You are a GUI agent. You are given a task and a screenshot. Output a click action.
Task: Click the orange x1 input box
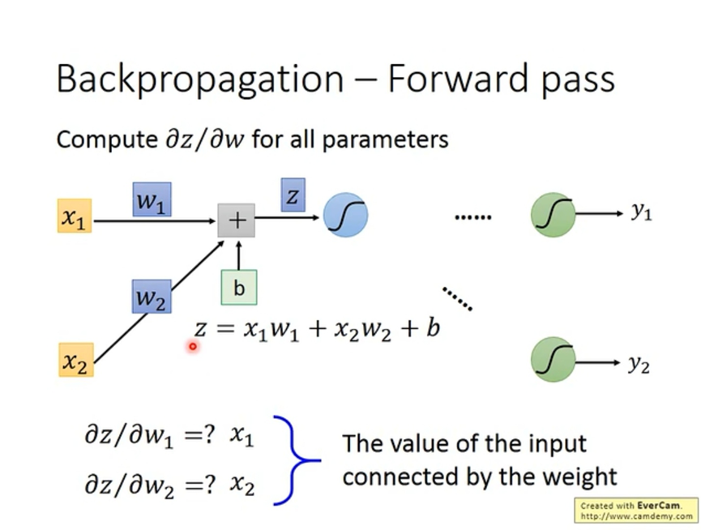tap(75, 216)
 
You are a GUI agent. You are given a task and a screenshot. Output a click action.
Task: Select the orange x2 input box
tap(75, 360)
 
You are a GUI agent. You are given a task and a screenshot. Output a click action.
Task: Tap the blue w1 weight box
tap(152, 199)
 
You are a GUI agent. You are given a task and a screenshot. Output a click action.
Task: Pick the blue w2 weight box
tap(152, 297)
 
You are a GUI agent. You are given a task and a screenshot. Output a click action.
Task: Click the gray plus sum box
tap(237, 220)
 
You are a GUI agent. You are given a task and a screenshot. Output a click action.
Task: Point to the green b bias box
tap(238, 287)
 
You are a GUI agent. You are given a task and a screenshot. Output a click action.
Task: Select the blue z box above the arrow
tap(293, 195)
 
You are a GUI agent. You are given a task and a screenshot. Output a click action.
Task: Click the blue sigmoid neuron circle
tap(345, 216)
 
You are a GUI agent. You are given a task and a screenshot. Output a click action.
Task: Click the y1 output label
tap(641, 212)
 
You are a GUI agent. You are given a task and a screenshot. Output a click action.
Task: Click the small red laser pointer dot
tap(193, 346)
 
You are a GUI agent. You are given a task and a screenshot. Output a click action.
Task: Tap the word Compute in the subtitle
tap(101, 139)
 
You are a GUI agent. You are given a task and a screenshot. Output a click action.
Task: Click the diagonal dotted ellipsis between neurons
tap(457, 297)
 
